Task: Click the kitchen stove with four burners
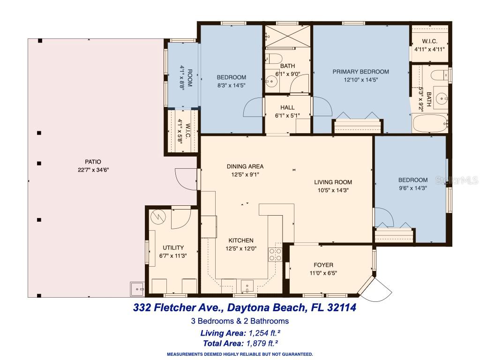tap(275, 254)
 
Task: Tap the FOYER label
tap(323, 265)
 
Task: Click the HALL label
tap(287, 108)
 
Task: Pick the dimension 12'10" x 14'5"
tap(360, 80)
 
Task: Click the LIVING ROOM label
tap(333, 182)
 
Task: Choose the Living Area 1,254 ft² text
tap(240, 333)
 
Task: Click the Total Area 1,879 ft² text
tap(240, 343)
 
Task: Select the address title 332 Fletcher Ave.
tap(245, 308)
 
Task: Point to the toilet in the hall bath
tap(274, 59)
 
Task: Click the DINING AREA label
tap(245, 166)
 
